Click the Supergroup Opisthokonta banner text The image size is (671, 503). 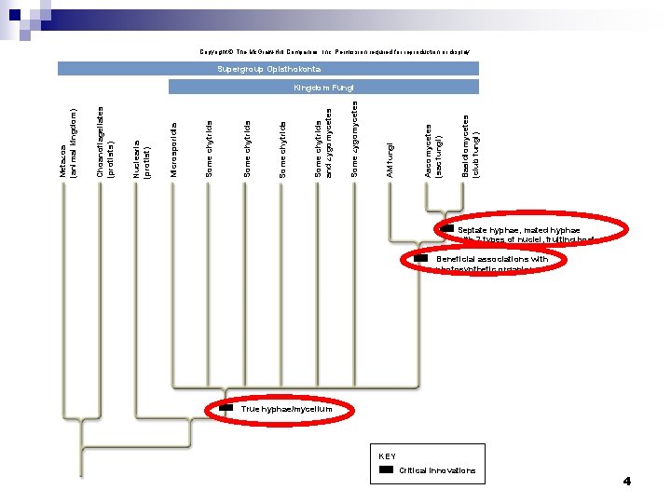click(268, 69)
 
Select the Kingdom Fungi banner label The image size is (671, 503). click(323, 88)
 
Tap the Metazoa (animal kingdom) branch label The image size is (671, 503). click(68, 143)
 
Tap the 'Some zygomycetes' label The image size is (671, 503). click(354, 140)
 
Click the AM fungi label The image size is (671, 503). click(391, 158)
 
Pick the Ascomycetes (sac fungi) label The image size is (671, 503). click(432, 149)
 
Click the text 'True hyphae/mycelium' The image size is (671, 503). click(284, 409)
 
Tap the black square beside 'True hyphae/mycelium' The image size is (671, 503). click(226, 408)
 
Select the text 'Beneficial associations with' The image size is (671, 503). click(492, 259)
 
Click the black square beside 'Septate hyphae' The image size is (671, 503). click(447, 229)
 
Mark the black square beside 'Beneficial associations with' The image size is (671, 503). click(421, 258)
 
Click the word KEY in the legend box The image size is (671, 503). click(388, 456)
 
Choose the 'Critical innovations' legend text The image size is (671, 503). click(437, 470)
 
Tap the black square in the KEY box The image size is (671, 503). click(387, 470)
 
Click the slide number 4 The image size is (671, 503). click(627, 482)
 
